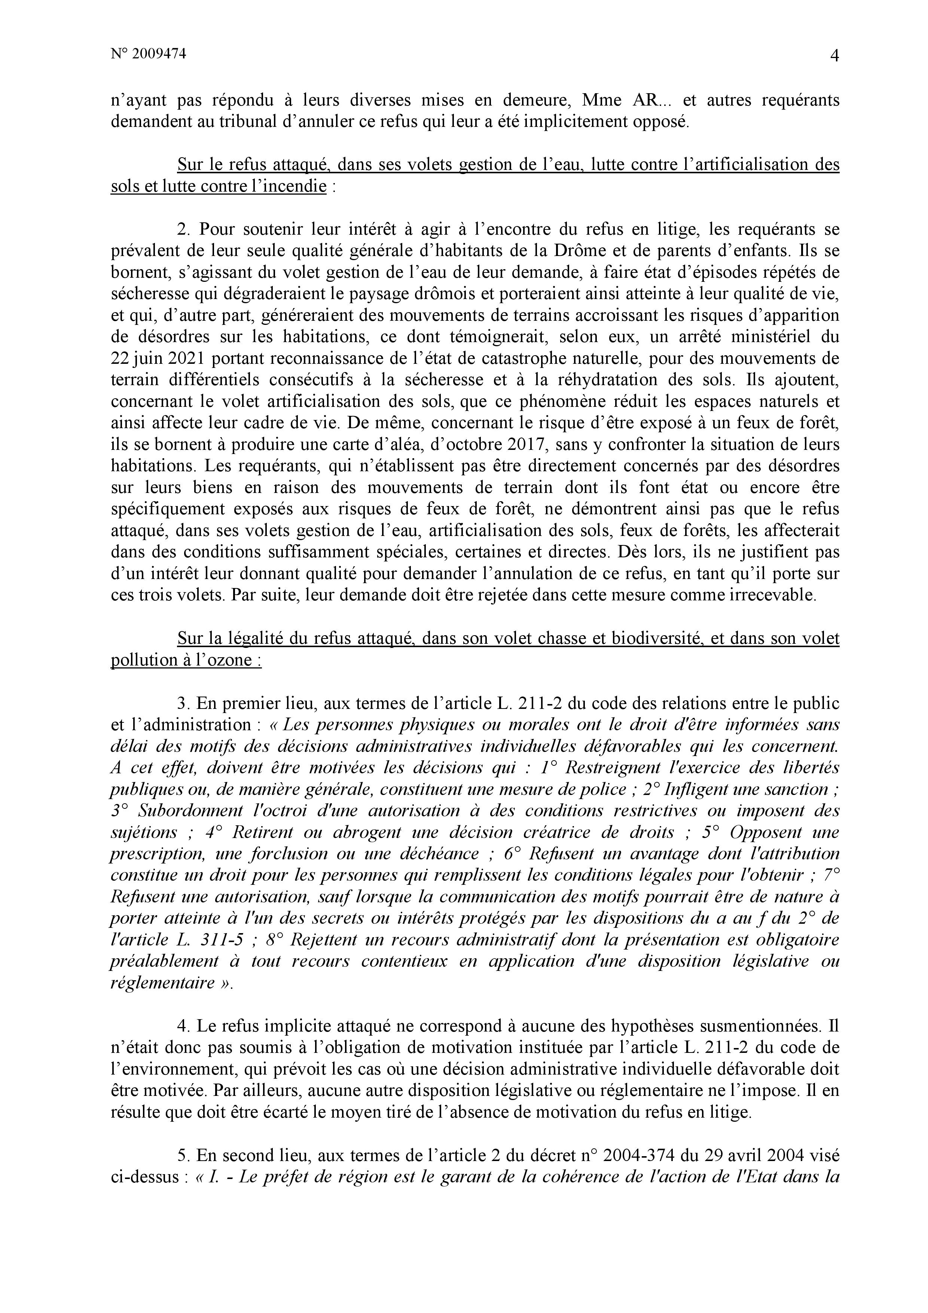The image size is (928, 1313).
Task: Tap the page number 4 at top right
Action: pyautogui.click(x=834, y=56)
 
